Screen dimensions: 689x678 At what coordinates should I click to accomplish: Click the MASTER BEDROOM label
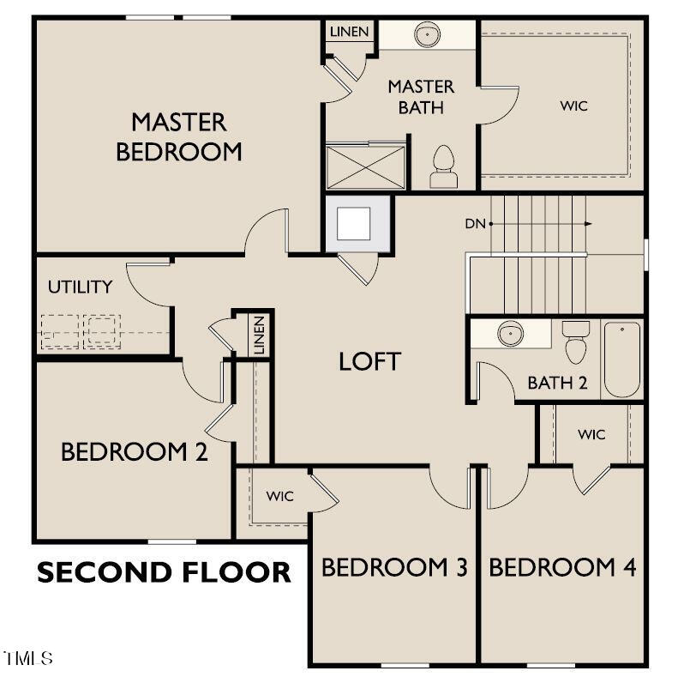178,136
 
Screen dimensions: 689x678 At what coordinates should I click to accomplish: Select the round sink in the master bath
426,35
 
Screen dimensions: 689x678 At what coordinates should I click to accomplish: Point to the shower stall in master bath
365,166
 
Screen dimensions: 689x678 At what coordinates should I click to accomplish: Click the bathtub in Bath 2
622,358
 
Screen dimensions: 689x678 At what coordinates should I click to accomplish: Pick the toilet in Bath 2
576,341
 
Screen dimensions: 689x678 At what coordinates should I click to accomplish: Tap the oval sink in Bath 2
511,333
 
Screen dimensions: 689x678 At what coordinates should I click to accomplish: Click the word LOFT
369,361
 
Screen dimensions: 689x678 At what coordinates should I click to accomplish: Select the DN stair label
475,224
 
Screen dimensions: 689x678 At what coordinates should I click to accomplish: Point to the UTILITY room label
80,287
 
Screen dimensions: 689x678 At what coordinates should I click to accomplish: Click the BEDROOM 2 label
134,452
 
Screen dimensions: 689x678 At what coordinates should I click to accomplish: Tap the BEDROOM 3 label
394,567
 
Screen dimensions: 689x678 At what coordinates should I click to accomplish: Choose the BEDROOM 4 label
562,567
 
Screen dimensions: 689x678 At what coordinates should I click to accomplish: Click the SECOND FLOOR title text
164,572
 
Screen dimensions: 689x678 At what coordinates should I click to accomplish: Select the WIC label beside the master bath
574,106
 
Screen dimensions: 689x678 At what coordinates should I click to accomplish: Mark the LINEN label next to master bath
349,33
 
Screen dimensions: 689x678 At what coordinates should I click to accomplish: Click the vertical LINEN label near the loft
259,335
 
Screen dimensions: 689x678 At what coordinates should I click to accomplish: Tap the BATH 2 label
557,383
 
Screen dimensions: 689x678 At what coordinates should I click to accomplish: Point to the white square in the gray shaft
353,223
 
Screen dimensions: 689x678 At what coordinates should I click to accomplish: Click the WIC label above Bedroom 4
591,434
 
